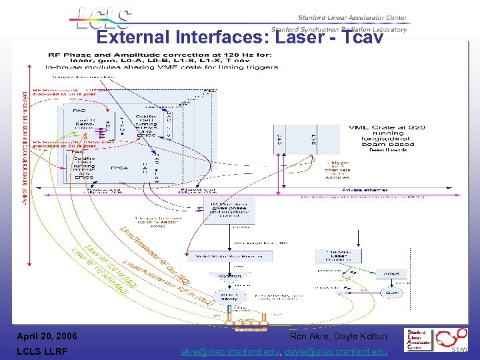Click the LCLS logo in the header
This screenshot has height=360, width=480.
pos(103,19)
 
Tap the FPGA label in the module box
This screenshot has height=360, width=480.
pos(120,167)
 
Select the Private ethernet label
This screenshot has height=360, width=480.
pos(357,190)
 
